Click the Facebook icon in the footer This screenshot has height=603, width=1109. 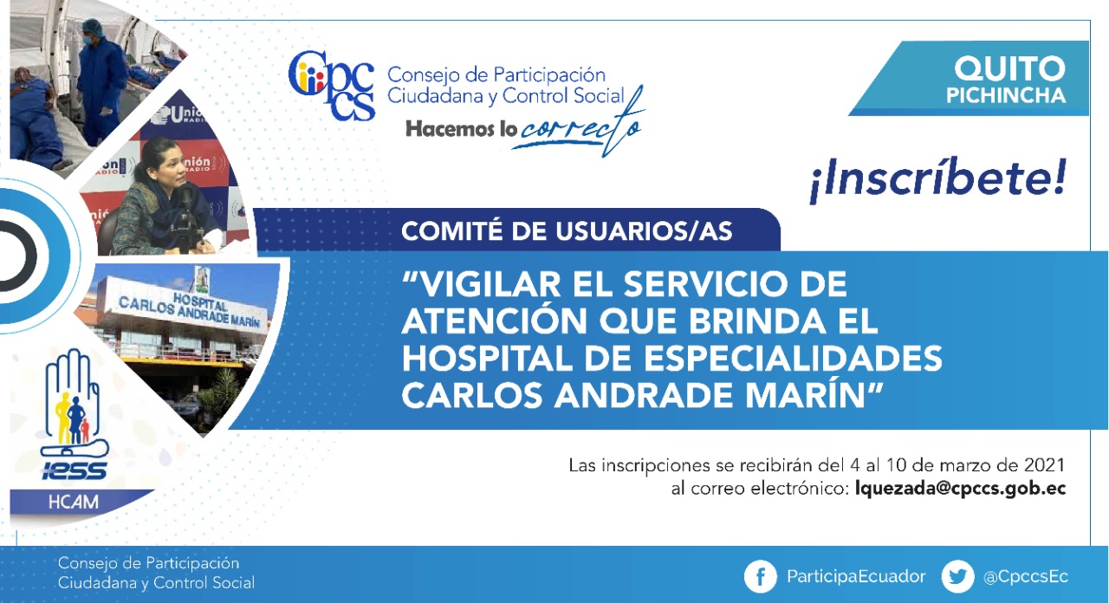point(761,576)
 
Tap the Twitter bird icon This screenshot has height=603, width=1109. point(957,576)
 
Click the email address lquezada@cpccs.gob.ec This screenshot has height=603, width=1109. point(961,490)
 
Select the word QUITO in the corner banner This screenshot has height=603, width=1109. point(1010,68)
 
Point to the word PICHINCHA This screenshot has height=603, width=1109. point(1006,95)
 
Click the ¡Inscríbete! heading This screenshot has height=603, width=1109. point(937,179)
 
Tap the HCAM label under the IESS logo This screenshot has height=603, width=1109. point(74,502)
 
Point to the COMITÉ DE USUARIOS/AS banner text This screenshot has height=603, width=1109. point(567,231)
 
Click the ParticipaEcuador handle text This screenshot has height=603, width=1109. point(856,576)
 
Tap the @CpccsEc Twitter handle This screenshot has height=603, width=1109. point(1026,577)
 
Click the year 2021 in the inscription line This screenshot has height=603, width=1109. point(1044,465)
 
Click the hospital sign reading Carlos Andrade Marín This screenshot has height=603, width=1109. point(190,309)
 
